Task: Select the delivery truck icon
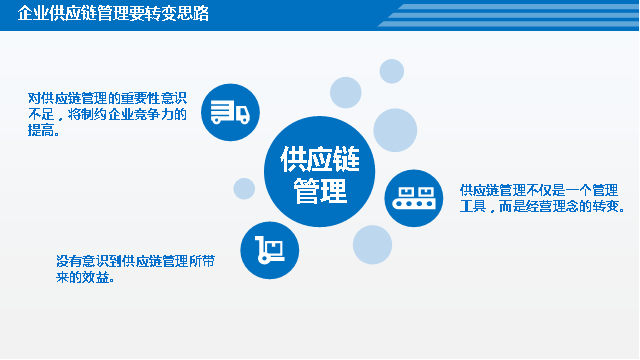[229, 110]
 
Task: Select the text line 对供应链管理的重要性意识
[108, 98]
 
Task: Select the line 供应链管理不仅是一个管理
[538, 189]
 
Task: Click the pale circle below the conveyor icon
[372, 243]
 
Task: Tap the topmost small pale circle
[391, 70]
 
